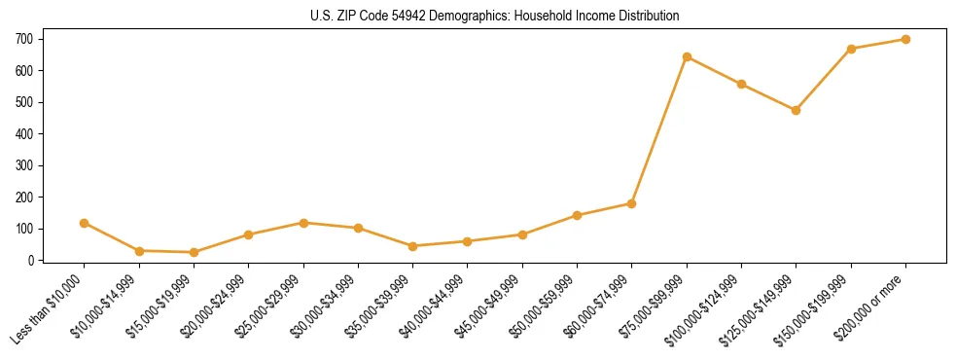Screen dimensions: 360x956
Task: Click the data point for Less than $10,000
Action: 85,223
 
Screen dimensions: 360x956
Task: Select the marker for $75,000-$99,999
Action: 687,56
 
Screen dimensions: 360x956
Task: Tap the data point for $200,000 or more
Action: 905,39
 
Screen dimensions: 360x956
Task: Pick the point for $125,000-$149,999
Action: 797,110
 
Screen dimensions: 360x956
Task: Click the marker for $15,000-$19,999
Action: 194,252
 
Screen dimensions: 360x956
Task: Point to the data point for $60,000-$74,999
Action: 632,203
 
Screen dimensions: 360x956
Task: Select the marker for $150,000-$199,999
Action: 851,49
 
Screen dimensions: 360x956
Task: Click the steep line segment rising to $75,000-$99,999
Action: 659,130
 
